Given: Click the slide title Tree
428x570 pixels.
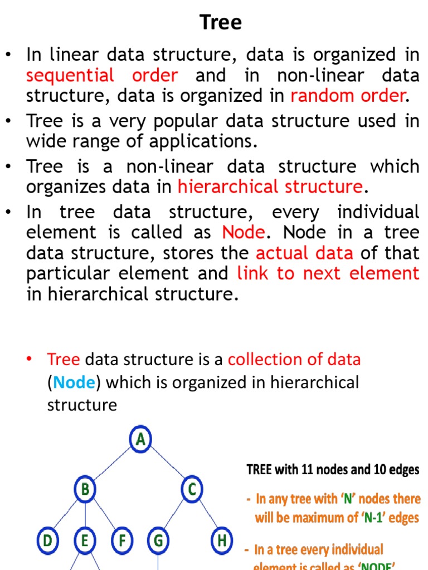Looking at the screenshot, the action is pos(221,23).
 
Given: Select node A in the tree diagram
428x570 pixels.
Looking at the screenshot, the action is pos(140,440).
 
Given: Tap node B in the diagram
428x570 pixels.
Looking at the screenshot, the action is pos(85,490).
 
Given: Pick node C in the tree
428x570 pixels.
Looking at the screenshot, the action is pos(192,490).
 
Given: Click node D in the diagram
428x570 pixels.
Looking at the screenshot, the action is pos(48,540).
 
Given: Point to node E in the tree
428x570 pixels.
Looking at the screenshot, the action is pos(85,540).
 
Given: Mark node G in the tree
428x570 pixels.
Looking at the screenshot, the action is pos(158,540).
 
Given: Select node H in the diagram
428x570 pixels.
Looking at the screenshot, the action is pos(222,540).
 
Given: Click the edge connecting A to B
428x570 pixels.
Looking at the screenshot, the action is pos(113,465).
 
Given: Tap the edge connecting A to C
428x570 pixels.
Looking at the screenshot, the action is pos(167,465).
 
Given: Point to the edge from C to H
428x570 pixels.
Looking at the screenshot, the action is pos(207,515).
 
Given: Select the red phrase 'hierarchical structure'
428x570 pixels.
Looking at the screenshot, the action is pos(270,186).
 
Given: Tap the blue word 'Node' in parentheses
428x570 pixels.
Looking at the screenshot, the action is pos(75,382).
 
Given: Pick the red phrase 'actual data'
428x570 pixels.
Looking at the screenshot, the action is pos(304,253).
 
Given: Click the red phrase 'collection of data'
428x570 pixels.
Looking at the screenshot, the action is pos(294,360).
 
